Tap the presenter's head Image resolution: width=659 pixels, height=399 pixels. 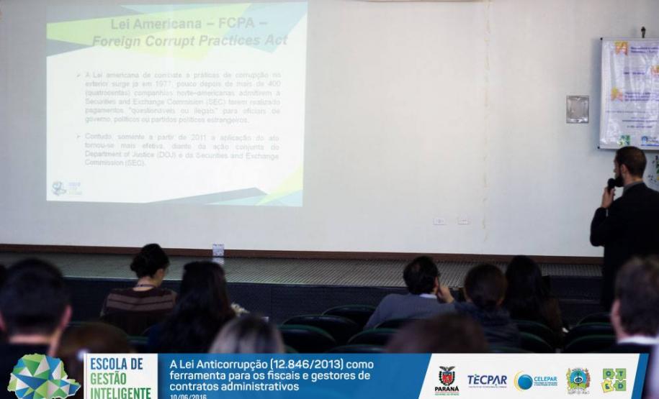pyautogui.click(x=630, y=165)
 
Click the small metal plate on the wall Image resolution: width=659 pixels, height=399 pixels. pyautogui.click(x=577, y=109)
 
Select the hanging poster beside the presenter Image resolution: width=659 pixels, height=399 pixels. pyautogui.click(x=629, y=93)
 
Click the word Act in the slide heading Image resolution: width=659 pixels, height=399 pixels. pyautogui.click(x=274, y=40)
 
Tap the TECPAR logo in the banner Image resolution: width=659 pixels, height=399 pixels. pyautogui.click(x=486, y=380)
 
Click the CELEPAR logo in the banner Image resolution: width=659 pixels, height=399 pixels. pyautogui.click(x=535, y=380)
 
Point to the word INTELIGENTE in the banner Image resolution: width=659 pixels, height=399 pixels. pyautogui.click(x=120, y=393)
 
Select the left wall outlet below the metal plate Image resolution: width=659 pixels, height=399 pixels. pyautogui.click(x=439, y=221)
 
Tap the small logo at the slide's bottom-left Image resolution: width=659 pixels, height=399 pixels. pyautogui.click(x=59, y=188)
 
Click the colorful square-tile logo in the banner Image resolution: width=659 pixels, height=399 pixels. pyautogui.click(x=614, y=380)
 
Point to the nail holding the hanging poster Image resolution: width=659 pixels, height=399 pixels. pyautogui.click(x=642, y=31)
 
